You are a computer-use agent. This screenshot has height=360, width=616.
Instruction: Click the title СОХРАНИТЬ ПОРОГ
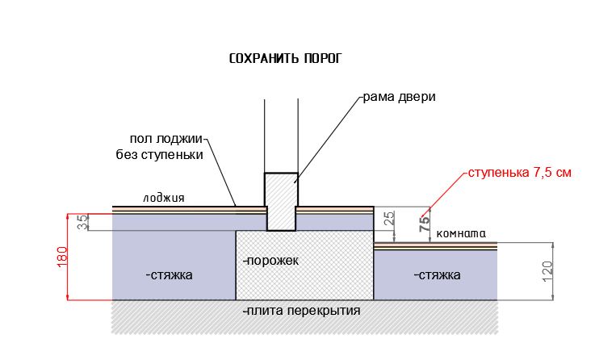tap(285, 58)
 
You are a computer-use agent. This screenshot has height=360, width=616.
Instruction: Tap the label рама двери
tap(399, 97)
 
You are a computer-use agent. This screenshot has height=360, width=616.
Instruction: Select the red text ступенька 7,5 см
tap(519, 173)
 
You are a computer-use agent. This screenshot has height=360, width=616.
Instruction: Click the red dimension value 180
tap(62, 257)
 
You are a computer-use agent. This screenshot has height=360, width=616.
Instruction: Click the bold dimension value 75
tap(425, 224)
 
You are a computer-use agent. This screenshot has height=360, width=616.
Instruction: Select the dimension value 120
tap(547, 271)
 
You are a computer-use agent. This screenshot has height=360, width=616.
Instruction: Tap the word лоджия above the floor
tap(163, 198)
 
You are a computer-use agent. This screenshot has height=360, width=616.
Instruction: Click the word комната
tap(461, 233)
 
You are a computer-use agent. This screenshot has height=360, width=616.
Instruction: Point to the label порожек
tap(270, 261)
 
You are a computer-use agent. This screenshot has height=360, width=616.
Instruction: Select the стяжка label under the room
tap(438, 274)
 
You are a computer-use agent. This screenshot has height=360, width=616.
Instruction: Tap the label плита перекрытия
tap(301, 311)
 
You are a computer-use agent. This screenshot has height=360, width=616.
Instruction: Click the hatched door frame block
tap(281, 202)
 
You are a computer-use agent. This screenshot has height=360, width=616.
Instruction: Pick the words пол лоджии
tap(166, 139)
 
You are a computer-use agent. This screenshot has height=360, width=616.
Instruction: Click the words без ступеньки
tap(160, 154)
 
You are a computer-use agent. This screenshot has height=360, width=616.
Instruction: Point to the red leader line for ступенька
tap(444, 195)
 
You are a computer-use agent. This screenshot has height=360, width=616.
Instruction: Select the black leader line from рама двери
tap(329, 140)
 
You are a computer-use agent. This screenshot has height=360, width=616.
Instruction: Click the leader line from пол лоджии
tap(220, 173)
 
